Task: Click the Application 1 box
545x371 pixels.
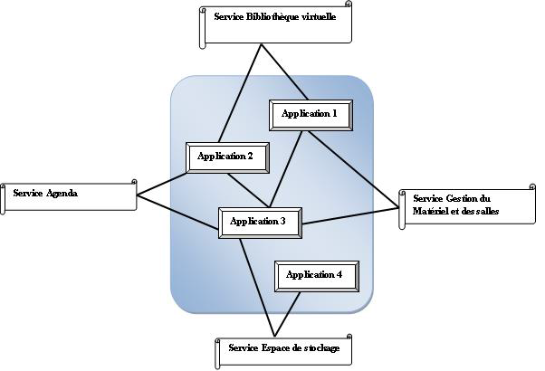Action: pyautogui.click(x=310, y=115)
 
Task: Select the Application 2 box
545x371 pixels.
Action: pyautogui.click(x=225, y=157)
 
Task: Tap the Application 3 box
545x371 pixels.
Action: pyautogui.click(x=259, y=222)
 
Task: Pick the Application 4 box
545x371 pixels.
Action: pyautogui.click(x=315, y=275)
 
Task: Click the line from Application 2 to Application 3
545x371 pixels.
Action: pyautogui.click(x=248, y=187)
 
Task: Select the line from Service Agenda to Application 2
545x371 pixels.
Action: pyautogui.click(x=161, y=184)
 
